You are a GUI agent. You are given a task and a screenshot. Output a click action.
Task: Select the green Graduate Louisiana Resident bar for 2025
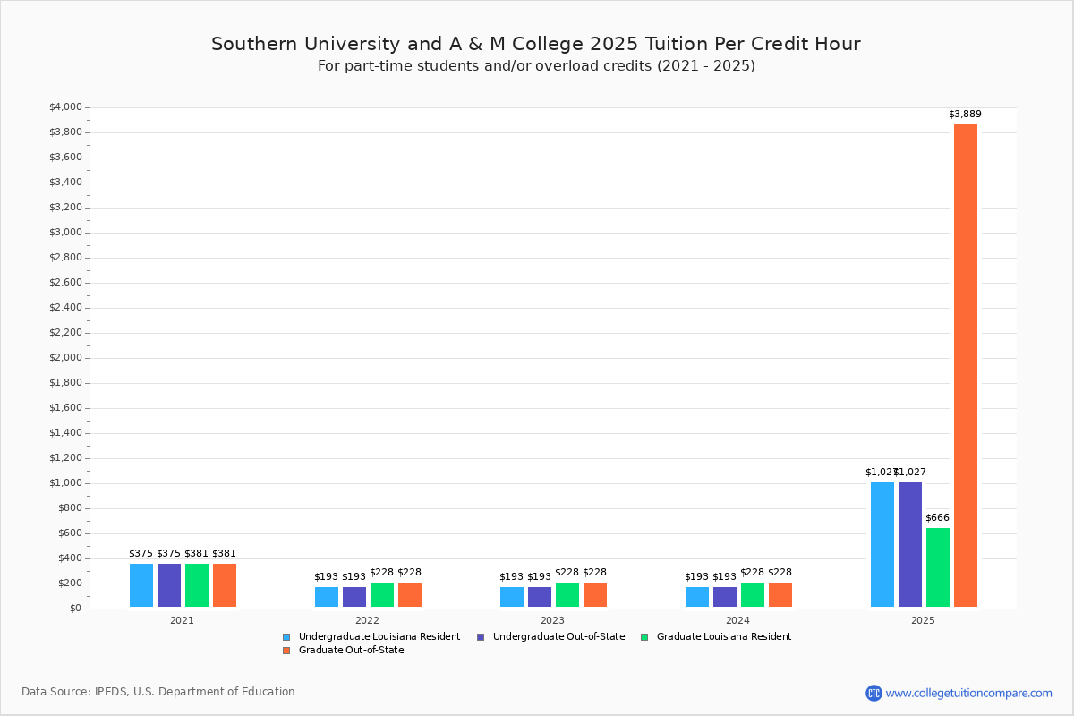pyautogui.click(x=937, y=567)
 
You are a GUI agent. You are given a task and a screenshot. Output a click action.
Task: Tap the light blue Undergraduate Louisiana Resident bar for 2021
pyautogui.click(x=141, y=585)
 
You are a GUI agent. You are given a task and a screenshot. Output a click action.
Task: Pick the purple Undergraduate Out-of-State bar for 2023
pyautogui.click(x=540, y=597)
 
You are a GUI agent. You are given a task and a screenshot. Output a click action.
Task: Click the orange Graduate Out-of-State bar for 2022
pyautogui.click(x=410, y=595)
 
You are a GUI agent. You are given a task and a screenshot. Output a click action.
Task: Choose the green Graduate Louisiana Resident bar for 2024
pyautogui.click(x=753, y=595)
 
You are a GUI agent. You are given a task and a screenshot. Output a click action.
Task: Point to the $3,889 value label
pyautogui.click(x=965, y=114)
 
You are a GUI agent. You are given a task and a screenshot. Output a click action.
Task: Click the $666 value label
pyautogui.click(x=937, y=517)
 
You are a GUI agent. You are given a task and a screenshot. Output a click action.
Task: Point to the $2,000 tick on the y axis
pyautogui.click(x=65, y=358)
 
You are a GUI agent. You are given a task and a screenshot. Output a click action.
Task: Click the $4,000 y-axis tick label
pyautogui.click(x=65, y=107)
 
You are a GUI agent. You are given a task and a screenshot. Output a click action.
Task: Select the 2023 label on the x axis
pyautogui.click(x=552, y=619)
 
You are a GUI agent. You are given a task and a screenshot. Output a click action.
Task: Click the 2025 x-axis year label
pyautogui.click(x=923, y=619)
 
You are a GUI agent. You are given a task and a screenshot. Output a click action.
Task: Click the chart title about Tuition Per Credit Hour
pyautogui.click(x=536, y=44)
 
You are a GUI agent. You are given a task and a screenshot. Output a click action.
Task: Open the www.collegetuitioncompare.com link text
pyautogui.click(x=968, y=693)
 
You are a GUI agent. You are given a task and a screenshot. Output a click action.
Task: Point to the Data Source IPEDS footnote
pyautogui.click(x=158, y=692)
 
